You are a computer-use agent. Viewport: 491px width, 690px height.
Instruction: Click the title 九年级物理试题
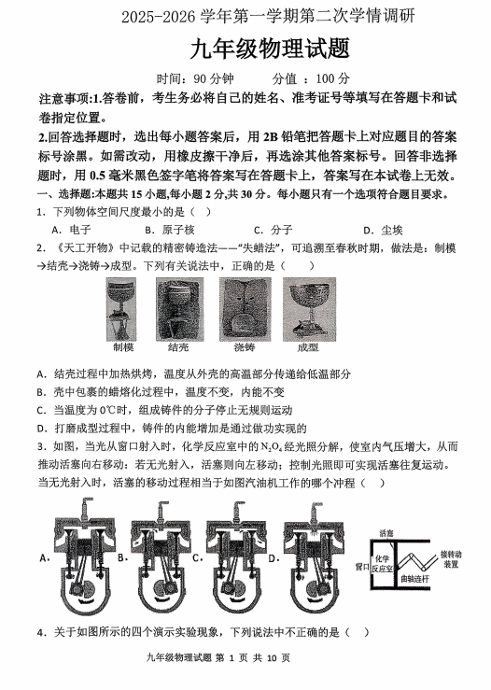coord(270,49)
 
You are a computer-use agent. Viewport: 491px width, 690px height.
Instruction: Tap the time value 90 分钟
coord(214,79)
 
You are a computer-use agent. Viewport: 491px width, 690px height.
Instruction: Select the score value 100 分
coord(332,79)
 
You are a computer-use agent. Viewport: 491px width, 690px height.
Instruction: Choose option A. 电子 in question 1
coord(71,230)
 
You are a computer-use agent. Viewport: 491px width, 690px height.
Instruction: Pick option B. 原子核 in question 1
coord(169,230)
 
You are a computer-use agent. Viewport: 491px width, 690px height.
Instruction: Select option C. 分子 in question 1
coord(273,230)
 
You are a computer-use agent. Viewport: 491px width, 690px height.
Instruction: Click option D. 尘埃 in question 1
coord(383,230)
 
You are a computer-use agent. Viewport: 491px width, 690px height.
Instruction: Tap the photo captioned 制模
coord(121,309)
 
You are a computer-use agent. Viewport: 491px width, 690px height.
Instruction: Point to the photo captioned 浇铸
coord(245,309)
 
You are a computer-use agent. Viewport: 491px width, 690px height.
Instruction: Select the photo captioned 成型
coord(309,309)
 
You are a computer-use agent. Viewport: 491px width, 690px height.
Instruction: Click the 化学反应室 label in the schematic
coord(382,564)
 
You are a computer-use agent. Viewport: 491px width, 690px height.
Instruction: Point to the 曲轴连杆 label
coord(414,579)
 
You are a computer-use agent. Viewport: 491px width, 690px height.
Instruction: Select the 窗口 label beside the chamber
coord(362,567)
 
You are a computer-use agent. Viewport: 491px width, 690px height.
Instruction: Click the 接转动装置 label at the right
coord(451,559)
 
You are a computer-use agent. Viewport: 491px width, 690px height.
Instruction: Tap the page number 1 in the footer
coord(231,658)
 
